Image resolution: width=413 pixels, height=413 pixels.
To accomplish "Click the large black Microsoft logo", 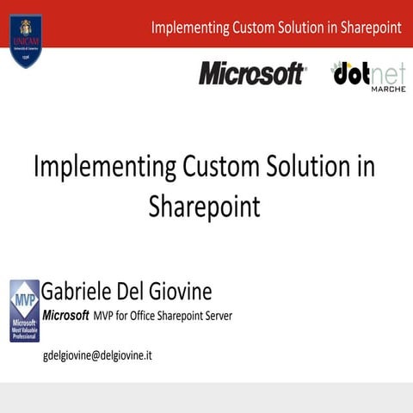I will pyautogui.click(x=252, y=74).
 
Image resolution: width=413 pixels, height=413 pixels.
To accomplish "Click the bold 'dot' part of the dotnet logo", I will pyautogui.click(x=351, y=74).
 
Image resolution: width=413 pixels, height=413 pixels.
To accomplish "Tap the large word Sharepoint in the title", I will pyautogui.click(x=204, y=206).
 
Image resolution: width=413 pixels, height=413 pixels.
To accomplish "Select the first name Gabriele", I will pyautogui.click(x=84, y=290).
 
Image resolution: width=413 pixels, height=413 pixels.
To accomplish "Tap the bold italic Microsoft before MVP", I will pyautogui.click(x=66, y=316).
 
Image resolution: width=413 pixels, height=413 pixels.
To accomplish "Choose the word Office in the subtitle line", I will pyautogui.click(x=146, y=316).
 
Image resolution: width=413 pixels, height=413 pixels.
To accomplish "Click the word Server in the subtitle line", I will pyautogui.click(x=216, y=316).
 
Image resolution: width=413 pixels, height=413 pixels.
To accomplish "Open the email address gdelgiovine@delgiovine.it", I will pyautogui.click(x=97, y=354).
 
